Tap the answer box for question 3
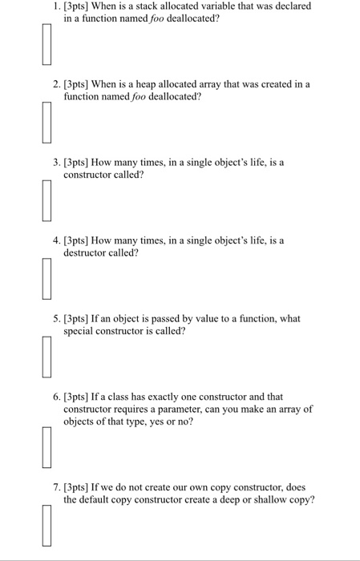pos(47,200)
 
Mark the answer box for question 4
pos(47,277)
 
